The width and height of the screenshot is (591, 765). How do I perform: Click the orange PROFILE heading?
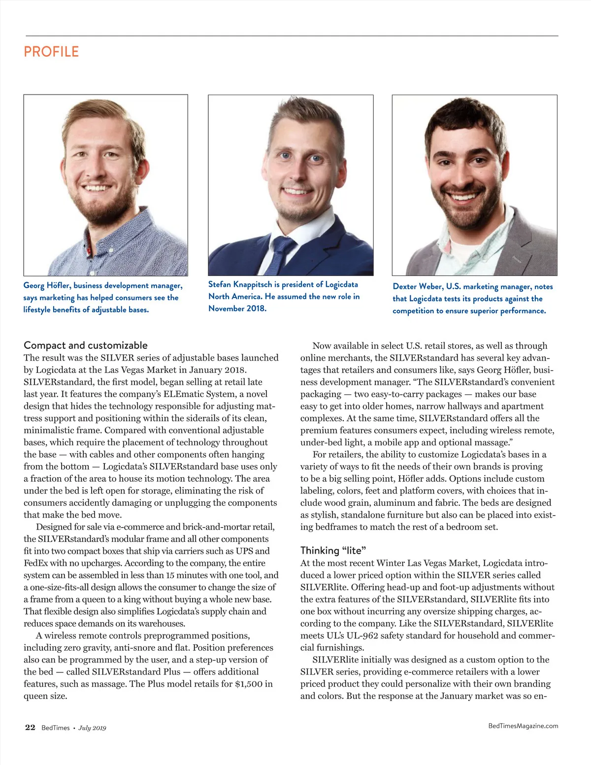pyautogui.click(x=51, y=52)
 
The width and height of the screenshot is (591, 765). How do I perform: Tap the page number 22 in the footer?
pyautogui.click(x=30, y=728)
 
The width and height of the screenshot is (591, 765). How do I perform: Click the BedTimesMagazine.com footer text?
pyautogui.click(x=523, y=726)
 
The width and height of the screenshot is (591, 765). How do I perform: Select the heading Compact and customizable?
pyautogui.click(x=86, y=345)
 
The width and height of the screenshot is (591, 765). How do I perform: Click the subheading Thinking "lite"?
pyautogui.click(x=333, y=550)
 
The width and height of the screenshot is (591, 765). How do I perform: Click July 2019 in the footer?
pyautogui.click(x=93, y=728)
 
